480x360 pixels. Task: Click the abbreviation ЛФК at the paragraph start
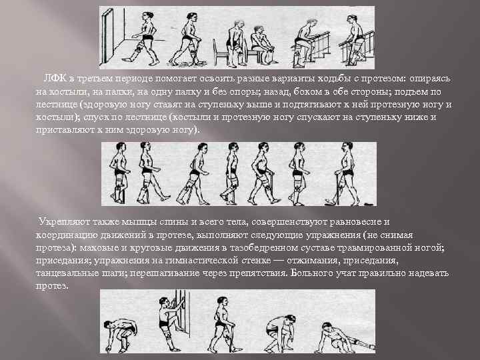[55, 80]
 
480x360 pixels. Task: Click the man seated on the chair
[262, 40]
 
